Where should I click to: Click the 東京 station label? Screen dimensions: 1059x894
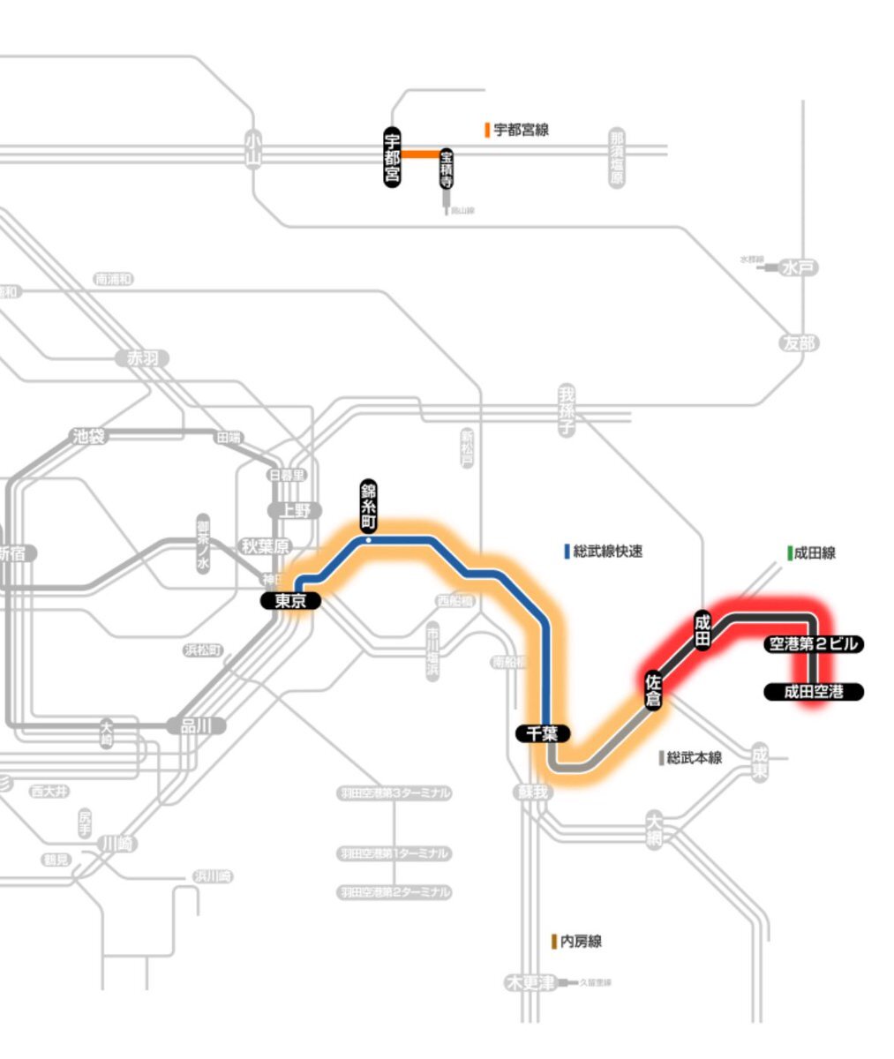click(x=291, y=601)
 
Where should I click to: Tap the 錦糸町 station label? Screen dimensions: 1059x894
click(x=368, y=506)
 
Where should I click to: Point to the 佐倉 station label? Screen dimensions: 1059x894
click(x=654, y=687)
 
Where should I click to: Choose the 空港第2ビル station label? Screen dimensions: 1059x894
click(x=812, y=644)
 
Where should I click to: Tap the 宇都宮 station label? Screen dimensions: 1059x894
click(x=392, y=157)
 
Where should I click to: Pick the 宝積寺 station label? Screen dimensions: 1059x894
click(x=447, y=169)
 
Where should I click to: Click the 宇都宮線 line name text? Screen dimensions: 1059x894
click(x=521, y=131)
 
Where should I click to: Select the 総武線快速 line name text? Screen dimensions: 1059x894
click(x=607, y=552)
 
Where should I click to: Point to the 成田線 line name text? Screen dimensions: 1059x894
click(x=814, y=553)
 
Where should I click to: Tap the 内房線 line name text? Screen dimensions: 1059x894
click(x=581, y=942)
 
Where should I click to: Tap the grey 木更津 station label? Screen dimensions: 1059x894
click(x=530, y=982)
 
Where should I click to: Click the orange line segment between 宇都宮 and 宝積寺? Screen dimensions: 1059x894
click(x=421, y=154)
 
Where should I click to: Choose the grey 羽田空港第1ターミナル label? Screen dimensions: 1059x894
click(x=394, y=853)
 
